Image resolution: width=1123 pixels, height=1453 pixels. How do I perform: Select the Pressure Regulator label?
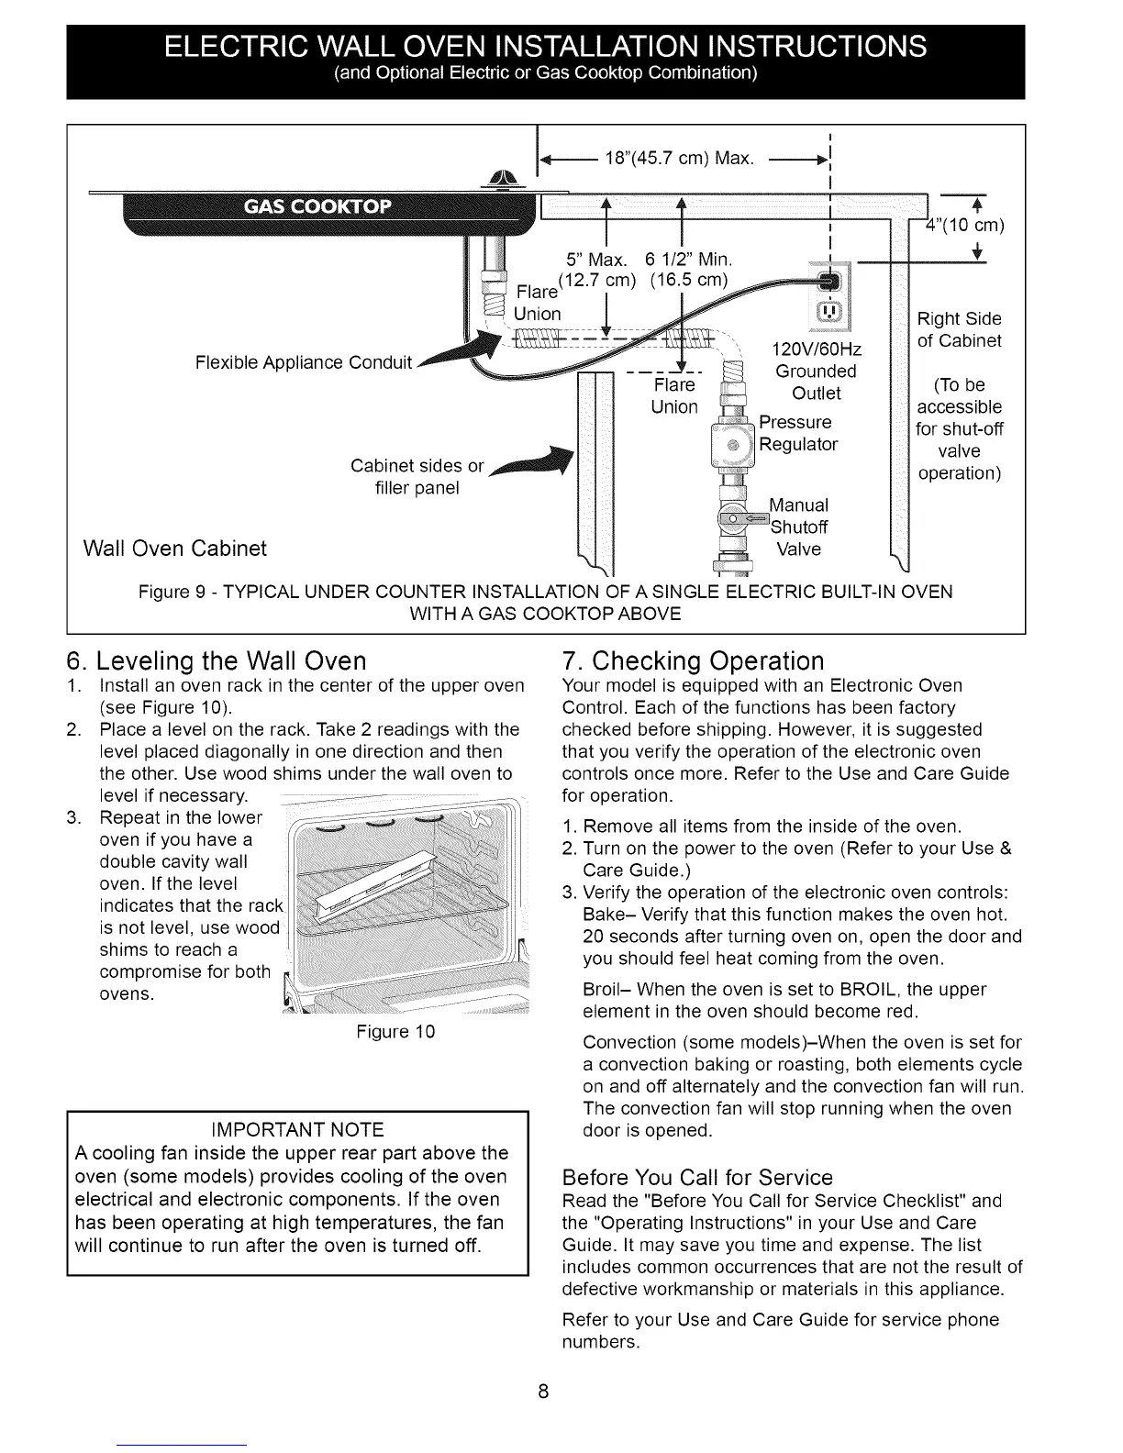[798, 433]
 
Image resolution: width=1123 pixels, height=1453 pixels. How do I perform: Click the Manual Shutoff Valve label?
[798, 527]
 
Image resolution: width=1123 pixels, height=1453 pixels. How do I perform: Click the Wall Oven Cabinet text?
[174, 549]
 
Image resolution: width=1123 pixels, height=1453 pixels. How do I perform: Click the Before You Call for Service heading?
[697, 1178]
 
